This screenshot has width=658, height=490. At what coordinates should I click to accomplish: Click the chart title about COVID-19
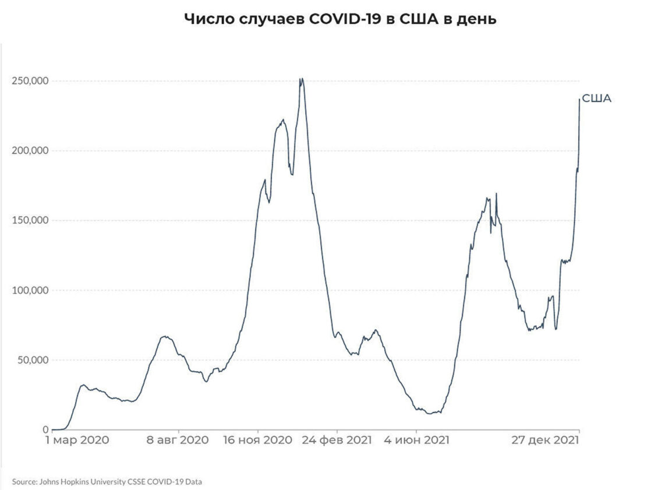(340, 19)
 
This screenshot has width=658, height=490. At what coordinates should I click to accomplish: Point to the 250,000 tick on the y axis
(30, 80)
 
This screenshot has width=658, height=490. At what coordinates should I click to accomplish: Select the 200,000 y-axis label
(30, 150)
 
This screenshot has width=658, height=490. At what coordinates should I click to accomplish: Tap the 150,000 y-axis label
(30, 220)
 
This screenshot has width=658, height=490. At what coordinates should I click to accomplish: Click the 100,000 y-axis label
(30, 290)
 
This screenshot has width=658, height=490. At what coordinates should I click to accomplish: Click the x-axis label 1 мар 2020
(77, 441)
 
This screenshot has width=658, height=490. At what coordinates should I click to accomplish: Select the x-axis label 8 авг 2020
(177, 441)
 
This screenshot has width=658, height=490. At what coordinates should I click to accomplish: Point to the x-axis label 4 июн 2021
(416, 441)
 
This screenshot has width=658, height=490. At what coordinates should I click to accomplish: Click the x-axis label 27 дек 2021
(545, 441)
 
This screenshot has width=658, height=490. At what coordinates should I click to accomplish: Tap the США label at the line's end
(597, 98)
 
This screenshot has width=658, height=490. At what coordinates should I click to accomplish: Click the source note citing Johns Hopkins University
(108, 482)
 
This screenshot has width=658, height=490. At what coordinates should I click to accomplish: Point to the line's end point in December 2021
(579, 100)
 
